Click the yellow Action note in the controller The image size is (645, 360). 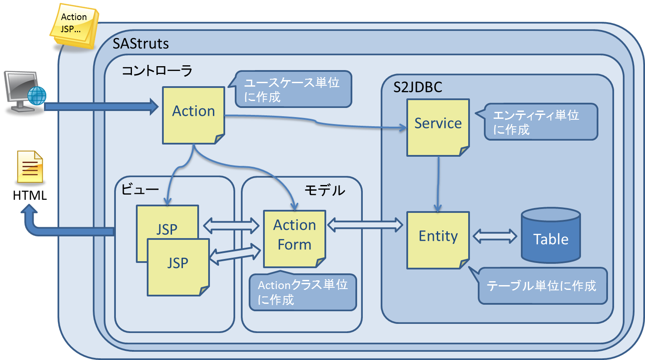(193, 115)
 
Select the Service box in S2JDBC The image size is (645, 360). (438, 127)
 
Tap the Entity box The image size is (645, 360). (438, 239)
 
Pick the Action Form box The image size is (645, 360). (294, 239)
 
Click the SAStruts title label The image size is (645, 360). (141, 44)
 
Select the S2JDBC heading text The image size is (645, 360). (418, 87)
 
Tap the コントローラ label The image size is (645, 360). (157, 71)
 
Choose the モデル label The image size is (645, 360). (324, 190)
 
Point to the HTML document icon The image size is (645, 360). (30, 167)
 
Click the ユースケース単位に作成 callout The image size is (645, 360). (293, 89)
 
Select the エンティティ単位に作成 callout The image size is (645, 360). (540, 122)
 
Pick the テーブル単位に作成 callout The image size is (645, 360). (542, 286)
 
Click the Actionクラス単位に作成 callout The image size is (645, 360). (303, 292)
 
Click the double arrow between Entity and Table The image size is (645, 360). (495, 236)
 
